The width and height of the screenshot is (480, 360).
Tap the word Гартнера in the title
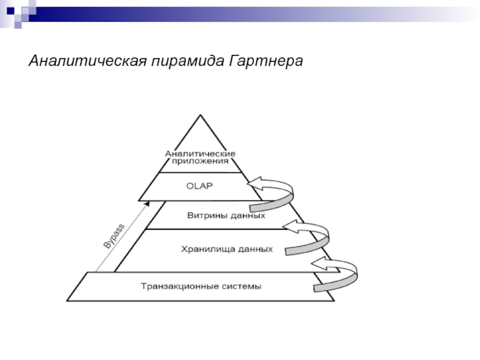point(266,61)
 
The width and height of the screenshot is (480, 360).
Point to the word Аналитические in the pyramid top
point(200,154)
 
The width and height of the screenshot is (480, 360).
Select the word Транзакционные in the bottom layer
point(179,286)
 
